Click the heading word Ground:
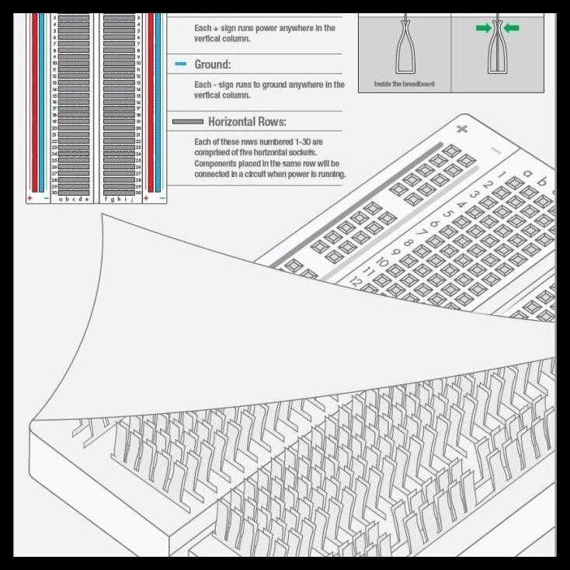(x=212, y=64)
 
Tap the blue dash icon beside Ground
(x=180, y=64)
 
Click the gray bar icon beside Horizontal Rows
(x=187, y=122)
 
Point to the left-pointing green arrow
(x=512, y=29)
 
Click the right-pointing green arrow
(x=483, y=29)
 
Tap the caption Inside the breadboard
(x=404, y=84)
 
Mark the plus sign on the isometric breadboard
(x=462, y=128)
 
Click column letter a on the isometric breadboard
(x=529, y=173)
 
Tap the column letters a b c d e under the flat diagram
(x=74, y=199)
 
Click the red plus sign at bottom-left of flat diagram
(x=30, y=199)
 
